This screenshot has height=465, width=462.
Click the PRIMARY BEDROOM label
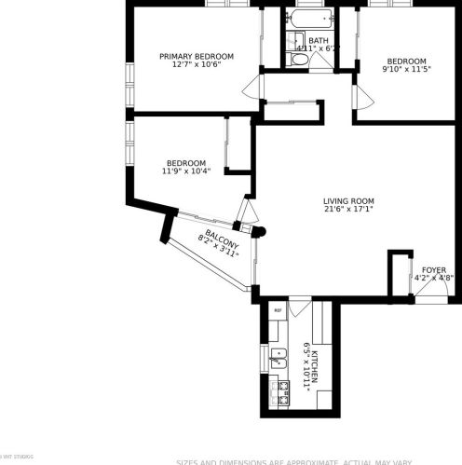pyautogui.click(x=196, y=56)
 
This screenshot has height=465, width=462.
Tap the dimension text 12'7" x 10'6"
pyautogui.click(x=196, y=65)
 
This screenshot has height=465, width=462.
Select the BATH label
pyautogui.click(x=319, y=40)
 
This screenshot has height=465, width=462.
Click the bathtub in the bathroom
pyautogui.click(x=310, y=19)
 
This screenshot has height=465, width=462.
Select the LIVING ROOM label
pyautogui.click(x=348, y=200)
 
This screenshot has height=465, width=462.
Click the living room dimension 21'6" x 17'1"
pyautogui.click(x=348, y=211)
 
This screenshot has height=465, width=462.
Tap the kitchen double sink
pyautogui.click(x=277, y=353)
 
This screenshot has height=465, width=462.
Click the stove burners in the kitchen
pyautogui.click(x=277, y=390)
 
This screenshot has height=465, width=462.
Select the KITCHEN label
pyautogui.click(x=315, y=363)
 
